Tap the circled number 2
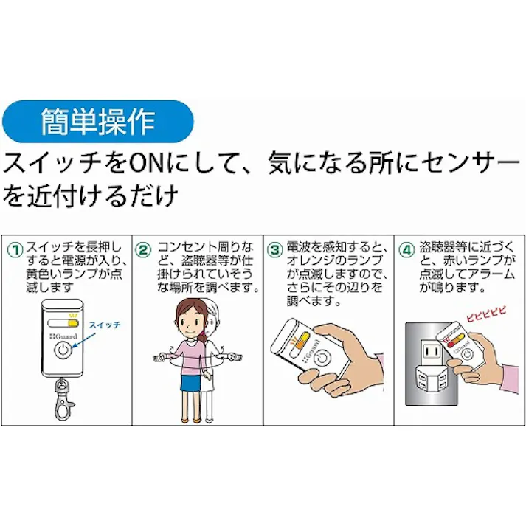point(144,249)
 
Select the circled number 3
point(274,249)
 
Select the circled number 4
point(405,249)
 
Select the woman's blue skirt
point(191,381)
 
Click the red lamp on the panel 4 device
point(449,339)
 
